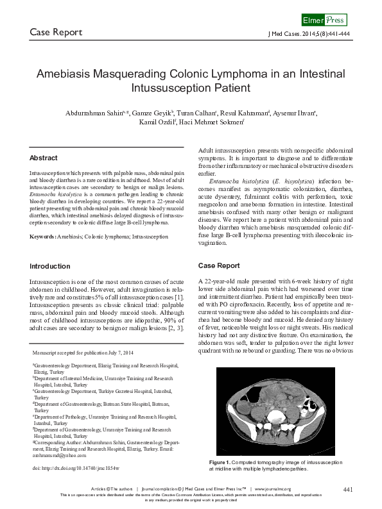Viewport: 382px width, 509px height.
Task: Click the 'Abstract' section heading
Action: [x=44, y=158]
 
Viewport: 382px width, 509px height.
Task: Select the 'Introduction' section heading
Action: [x=50, y=266]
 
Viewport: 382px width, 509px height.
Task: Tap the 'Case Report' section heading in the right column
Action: [x=219, y=265]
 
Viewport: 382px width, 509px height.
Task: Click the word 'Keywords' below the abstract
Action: [x=42, y=237]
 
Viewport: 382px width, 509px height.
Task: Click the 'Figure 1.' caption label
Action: [x=220, y=462]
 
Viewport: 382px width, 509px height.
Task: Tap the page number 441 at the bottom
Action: [x=348, y=490]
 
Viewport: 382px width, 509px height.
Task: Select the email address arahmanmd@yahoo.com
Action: [x=60, y=455]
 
